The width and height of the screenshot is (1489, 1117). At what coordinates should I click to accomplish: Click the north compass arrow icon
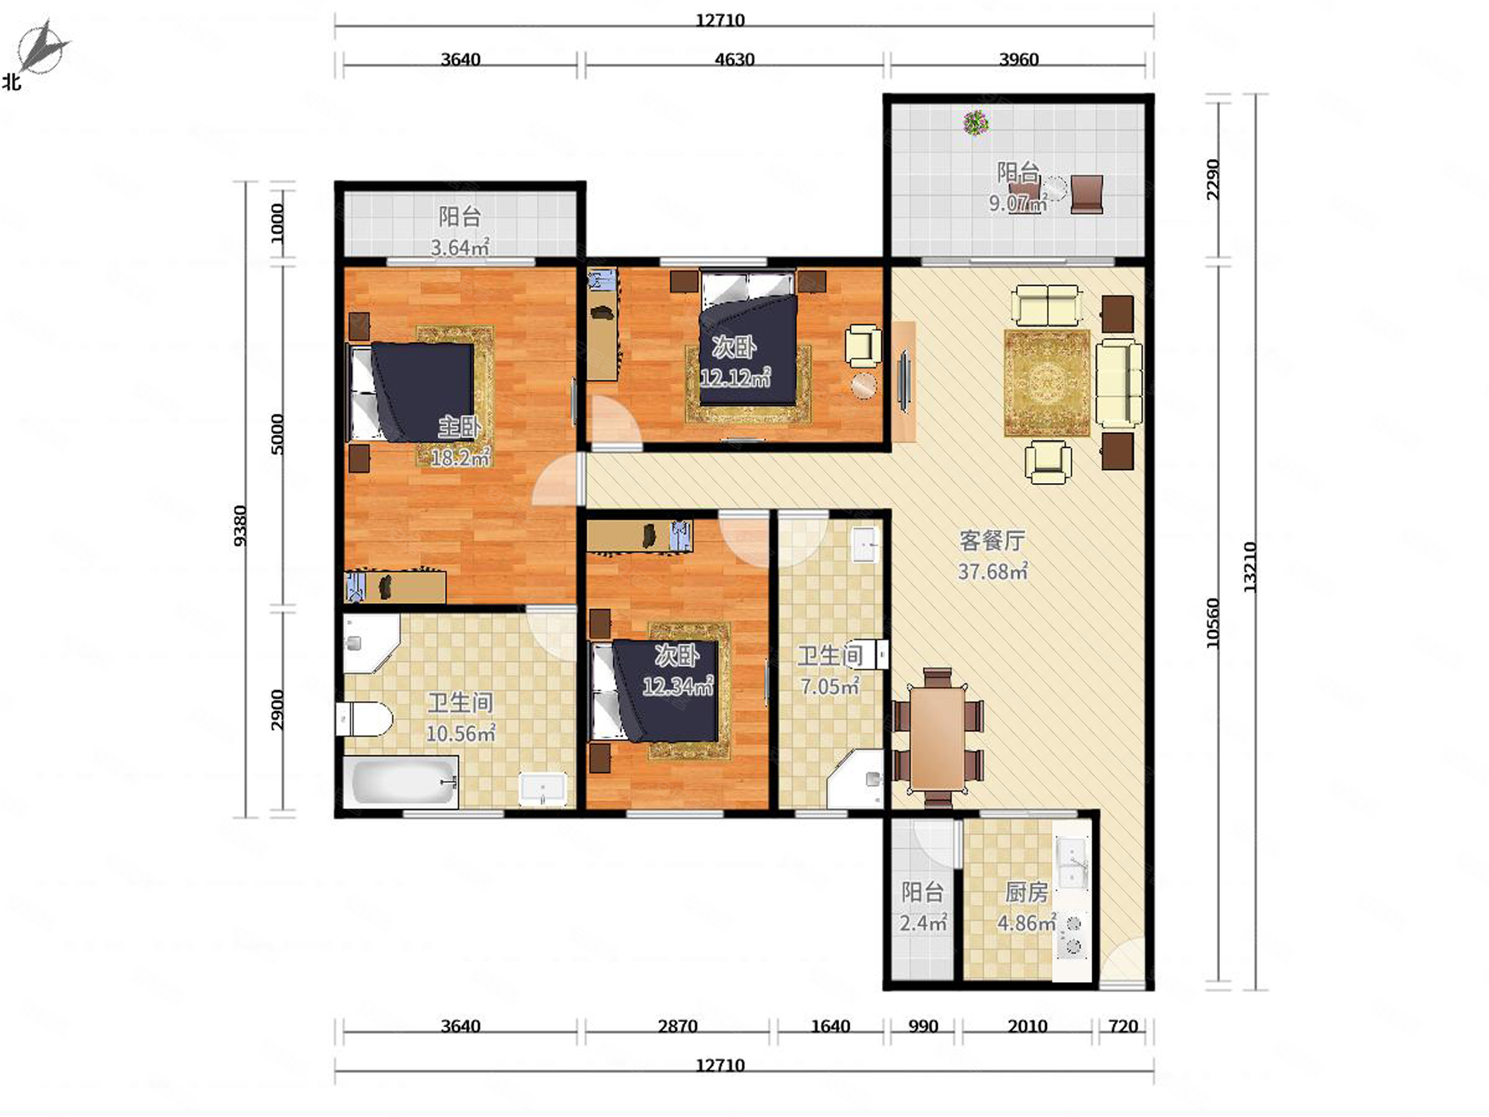(42, 47)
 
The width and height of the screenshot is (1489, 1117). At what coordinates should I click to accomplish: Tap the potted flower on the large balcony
(975, 123)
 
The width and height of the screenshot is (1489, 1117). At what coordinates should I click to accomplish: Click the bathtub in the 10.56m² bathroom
(401, 781)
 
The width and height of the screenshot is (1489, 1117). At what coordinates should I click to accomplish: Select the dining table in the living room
(938, 737)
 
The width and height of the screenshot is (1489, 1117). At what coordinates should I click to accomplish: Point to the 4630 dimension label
(734, 59)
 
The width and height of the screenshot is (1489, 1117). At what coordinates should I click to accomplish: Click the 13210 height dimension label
(1250, 567)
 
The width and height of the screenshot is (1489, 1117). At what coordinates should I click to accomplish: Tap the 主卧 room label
(459, 426)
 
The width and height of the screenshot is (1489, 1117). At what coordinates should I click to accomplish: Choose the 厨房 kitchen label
(1027, 893)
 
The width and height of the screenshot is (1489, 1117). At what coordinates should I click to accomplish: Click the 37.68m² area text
(993, 572)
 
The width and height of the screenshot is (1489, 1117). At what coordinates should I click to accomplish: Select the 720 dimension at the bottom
(1123, 1026)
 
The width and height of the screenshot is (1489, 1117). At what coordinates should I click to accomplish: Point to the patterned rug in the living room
(1047, 383)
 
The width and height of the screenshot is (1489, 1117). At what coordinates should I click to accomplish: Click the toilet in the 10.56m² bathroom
(364, 719)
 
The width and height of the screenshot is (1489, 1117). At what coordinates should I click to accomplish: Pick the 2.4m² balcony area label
(924, 922)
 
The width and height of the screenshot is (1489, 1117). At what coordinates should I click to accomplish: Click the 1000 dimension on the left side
(277, 223)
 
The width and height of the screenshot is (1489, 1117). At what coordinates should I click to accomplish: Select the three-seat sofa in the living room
(1119, 384)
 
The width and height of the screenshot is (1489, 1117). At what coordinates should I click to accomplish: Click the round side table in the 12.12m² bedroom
(864, 386)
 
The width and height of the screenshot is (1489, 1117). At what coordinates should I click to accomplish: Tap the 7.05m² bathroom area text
(830, 687)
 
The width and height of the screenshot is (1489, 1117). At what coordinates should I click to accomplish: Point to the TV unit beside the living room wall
(904, 382)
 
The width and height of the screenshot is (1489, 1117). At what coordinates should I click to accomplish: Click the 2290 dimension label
(1213, 179)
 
